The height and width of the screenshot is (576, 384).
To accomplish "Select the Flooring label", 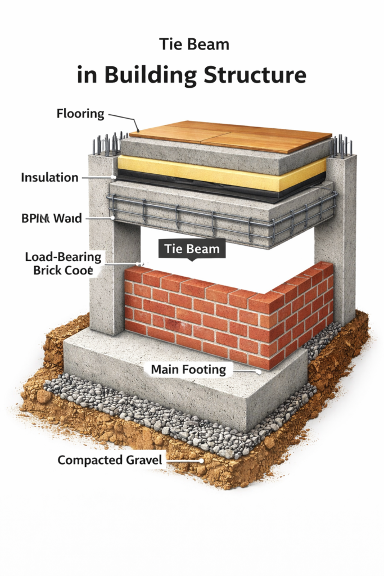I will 80,114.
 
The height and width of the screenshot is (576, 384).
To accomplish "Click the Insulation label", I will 49,178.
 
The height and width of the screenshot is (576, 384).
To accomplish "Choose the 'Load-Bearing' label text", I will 63,258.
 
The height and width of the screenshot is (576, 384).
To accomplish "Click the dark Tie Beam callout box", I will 191,248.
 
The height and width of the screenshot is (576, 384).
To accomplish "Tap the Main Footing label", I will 188,370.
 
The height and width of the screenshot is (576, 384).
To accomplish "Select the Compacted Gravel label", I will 110,460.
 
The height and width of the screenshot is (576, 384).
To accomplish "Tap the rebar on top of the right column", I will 341,146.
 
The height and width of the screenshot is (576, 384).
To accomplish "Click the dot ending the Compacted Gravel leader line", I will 201,461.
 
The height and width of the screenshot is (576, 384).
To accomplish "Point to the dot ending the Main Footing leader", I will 259,371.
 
